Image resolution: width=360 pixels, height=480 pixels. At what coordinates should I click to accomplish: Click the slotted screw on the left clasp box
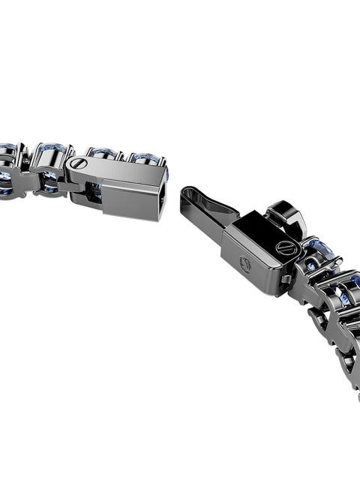coord(78,163)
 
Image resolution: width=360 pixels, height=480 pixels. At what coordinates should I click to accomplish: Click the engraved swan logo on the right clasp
coord(244,262)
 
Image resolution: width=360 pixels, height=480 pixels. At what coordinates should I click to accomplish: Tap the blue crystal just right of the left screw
coord(101,154)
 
